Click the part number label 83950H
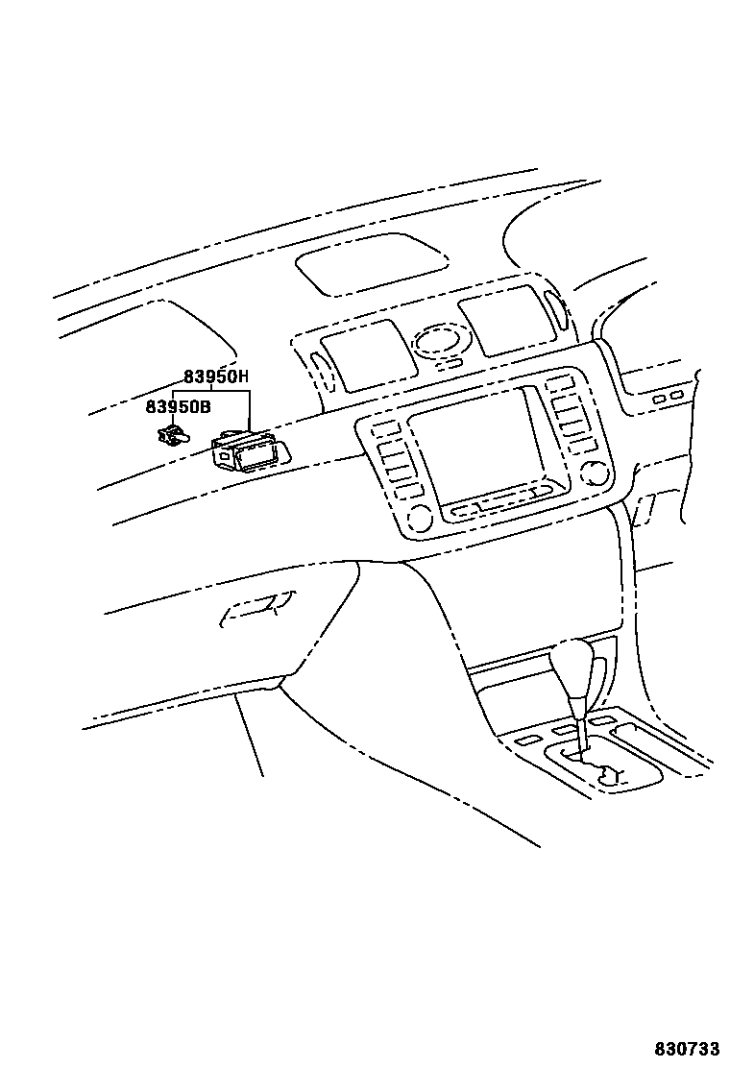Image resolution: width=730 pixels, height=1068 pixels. (216, 377)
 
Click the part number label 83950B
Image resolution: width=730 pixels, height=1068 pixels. (178, 406)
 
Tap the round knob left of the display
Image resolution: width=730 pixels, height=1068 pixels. (418, 519)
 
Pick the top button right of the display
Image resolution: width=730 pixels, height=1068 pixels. (558, 385)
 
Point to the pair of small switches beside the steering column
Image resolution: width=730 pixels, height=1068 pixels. (668, 396)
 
